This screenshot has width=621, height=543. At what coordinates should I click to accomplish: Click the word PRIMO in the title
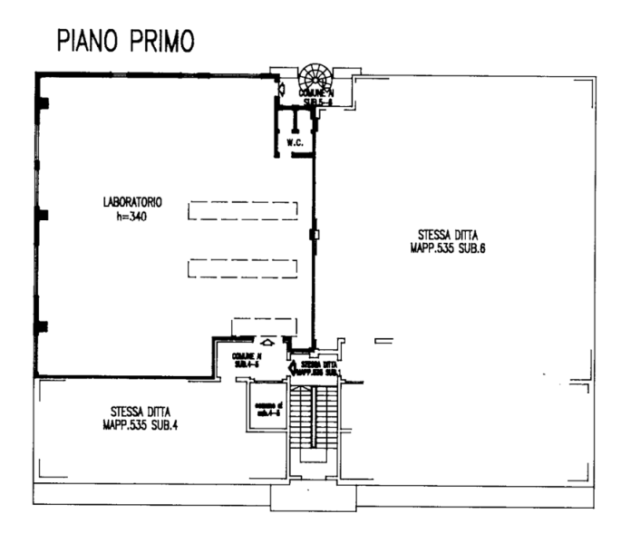pyautogui.click(x=161, y=41)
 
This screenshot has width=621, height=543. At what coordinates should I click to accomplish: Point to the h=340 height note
pyautogui.click(x=131, y=217)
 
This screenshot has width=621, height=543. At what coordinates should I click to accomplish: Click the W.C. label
pyautogui.click(x=294, y=143)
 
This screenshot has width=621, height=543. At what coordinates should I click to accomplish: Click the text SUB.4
pyautogui.click(x=162, y=422)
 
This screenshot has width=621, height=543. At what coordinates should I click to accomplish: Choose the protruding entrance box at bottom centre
pyautogui.click(x=314, y=497)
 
